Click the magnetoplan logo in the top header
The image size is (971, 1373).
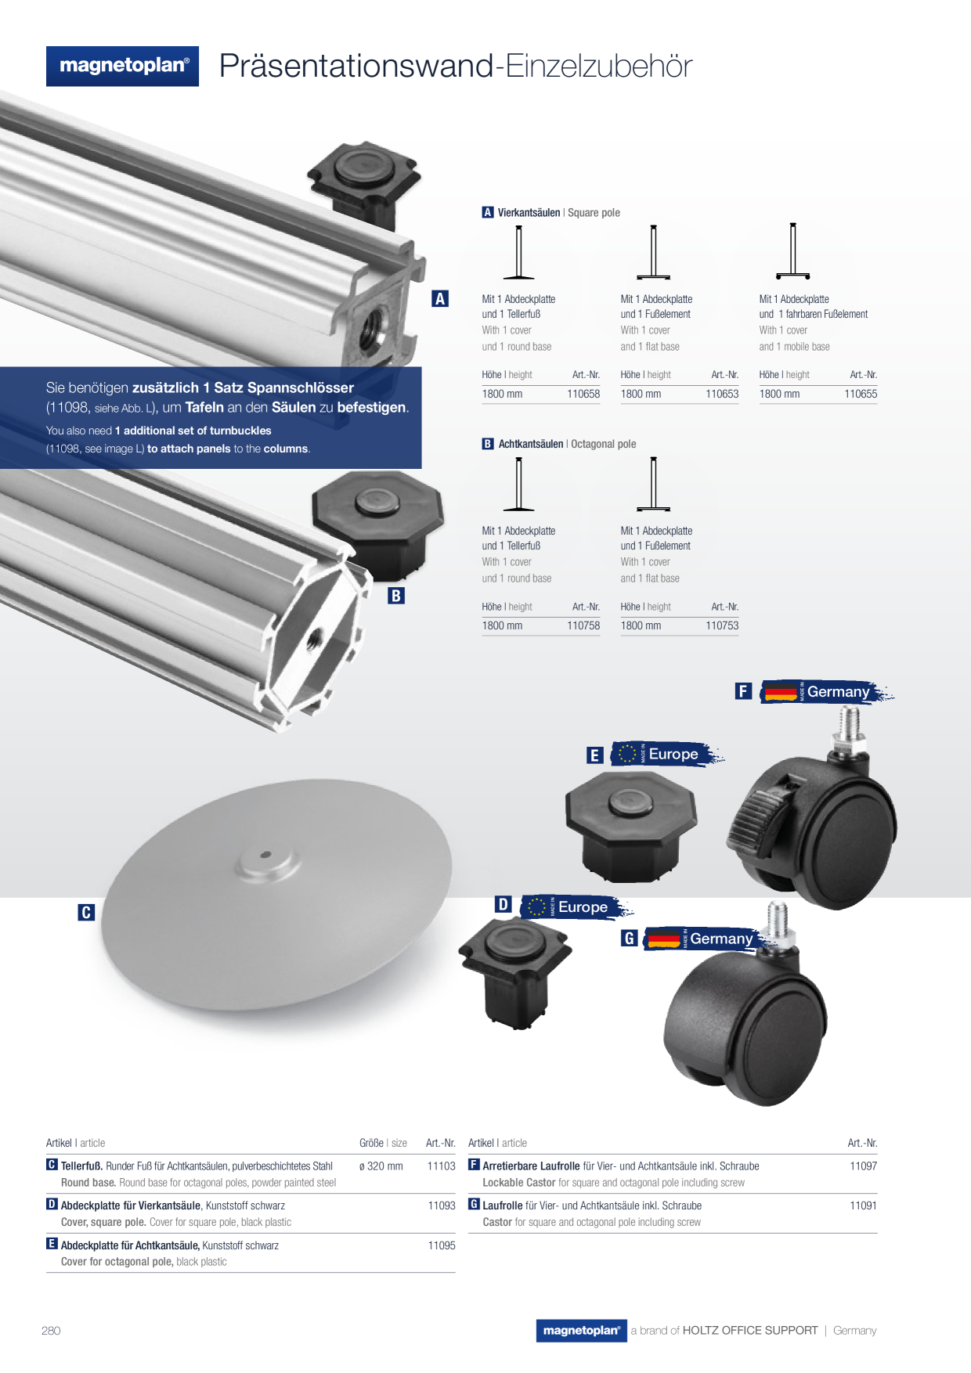coord(122,66)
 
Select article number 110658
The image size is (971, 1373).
coord(583,394)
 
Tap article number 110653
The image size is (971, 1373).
coord(722,394)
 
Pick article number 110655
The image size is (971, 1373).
coord(861,394)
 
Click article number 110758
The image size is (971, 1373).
coord(583,625)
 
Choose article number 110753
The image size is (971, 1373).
coord(722,625)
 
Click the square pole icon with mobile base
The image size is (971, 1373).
coord(792,251)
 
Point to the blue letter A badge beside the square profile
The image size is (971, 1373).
coord(440,298)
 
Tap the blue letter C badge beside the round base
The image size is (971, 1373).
coord(86,912)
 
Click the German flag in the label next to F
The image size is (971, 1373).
coord(780,692)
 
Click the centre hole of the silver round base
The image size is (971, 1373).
coord(265,854)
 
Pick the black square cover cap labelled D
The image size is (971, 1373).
coord(514,971)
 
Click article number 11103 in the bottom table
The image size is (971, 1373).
coord(441,1166)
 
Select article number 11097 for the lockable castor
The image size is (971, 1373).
coord(863,1166)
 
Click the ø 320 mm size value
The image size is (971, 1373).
coord(381,1166)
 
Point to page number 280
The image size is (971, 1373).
coord(51,1330)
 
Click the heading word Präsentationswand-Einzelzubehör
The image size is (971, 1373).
coord(456,66)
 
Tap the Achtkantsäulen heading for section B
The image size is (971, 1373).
coord(531,444)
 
